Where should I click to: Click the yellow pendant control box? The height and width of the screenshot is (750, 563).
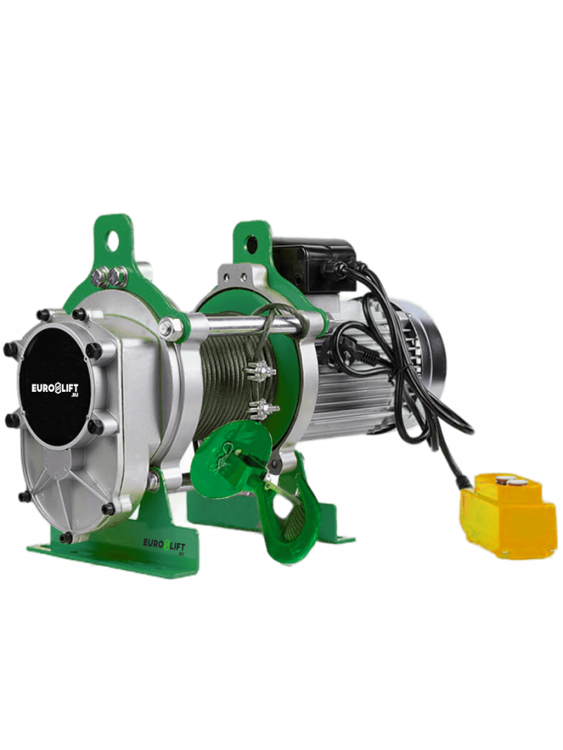[x=507, y=516]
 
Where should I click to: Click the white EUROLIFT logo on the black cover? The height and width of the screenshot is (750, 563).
[x=55, y=388]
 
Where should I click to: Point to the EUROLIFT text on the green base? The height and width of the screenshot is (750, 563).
[x=164, y=545]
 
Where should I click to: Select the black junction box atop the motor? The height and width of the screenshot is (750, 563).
[x=313, y=265]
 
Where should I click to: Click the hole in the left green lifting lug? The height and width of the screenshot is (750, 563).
[x=113, y=241]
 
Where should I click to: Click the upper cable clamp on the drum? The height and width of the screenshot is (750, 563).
[x=260, y=370]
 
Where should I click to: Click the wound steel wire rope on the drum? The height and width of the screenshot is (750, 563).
[x=229, y=378]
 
